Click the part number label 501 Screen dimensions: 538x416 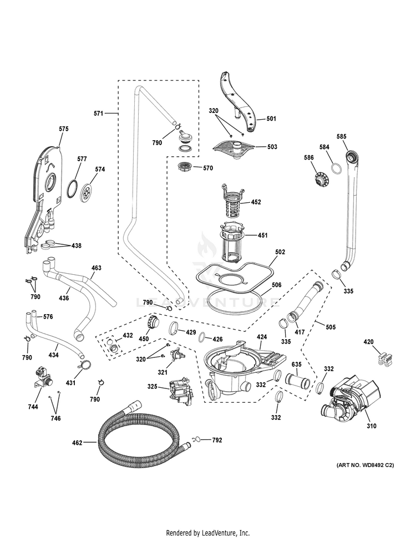[271, 118]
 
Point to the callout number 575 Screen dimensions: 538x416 [64, 129]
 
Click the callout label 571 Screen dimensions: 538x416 [98, 113]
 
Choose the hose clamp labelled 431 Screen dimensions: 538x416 [85, 366]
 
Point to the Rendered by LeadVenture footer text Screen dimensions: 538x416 [208, 532]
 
